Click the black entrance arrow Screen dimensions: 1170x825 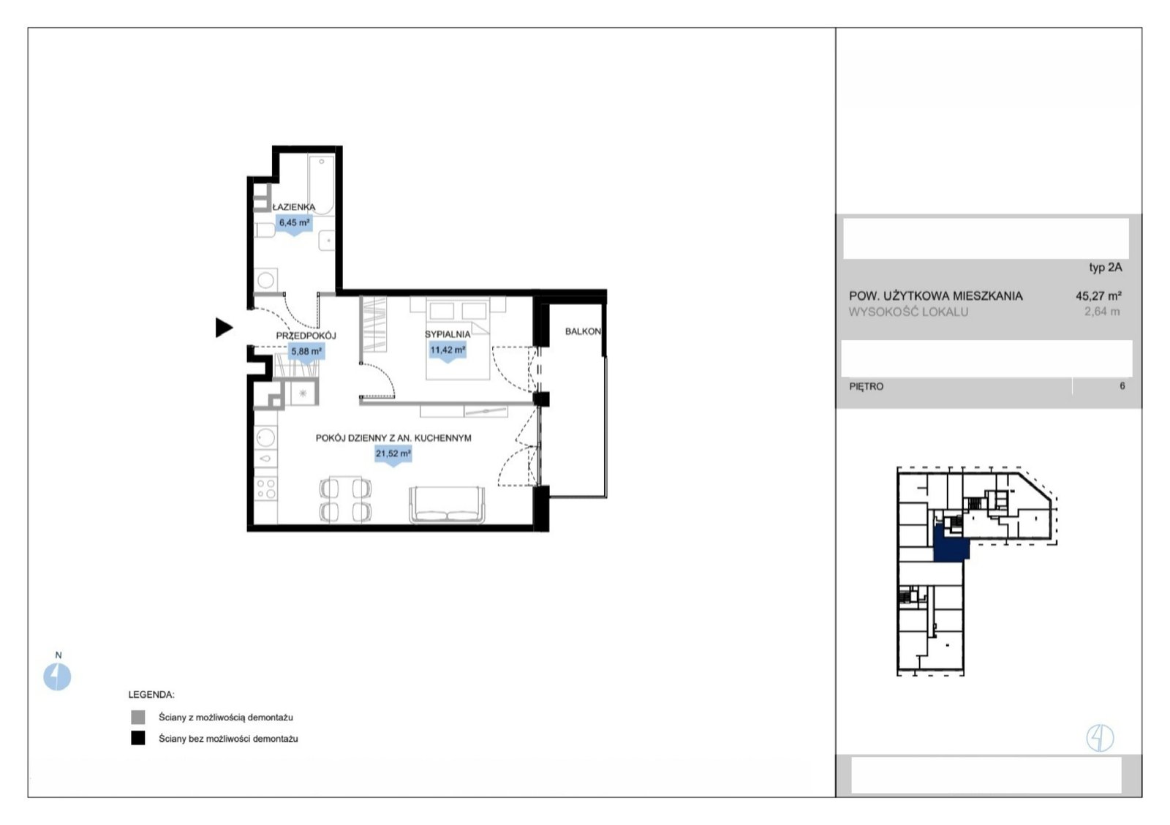click(224, 328)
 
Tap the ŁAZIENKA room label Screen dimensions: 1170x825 click(294, 207)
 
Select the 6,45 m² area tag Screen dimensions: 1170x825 click(294, 224)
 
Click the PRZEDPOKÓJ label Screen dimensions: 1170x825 click(306, 336)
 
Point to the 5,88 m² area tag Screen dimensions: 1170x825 click(306, 352)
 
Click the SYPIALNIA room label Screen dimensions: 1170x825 click(448, 334)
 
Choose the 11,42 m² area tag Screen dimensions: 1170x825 click(448, 351)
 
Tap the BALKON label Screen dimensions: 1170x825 click(583, 331)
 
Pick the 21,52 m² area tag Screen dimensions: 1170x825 click(393, 455)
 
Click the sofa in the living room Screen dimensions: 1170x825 click(447, 505)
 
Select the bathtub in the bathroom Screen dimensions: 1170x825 click(321, 184)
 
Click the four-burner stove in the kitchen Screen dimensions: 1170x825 click(266, 489)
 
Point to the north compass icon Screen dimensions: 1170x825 click(57, 677)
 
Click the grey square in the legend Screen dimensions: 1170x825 click(138, 717)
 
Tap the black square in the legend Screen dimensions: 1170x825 click(138, 738)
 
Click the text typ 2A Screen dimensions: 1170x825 click(1105, 268)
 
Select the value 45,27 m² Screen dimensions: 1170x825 click(1098, 295)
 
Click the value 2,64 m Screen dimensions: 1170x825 click(1102, 312)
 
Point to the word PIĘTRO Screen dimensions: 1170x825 click(867, 387)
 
